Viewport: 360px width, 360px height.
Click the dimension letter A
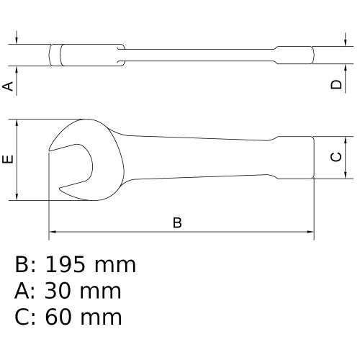pos(9,86)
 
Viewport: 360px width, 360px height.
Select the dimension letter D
pos(336,85)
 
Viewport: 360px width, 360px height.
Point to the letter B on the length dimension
pos(177,222)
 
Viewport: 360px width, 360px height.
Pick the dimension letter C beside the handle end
pos(336,157)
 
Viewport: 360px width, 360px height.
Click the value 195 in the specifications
pos(69,265)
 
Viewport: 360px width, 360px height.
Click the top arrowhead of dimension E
pos(17,122)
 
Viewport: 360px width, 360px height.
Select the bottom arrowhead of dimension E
pos(17,197)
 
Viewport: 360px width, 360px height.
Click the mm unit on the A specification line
pos(102,291)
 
